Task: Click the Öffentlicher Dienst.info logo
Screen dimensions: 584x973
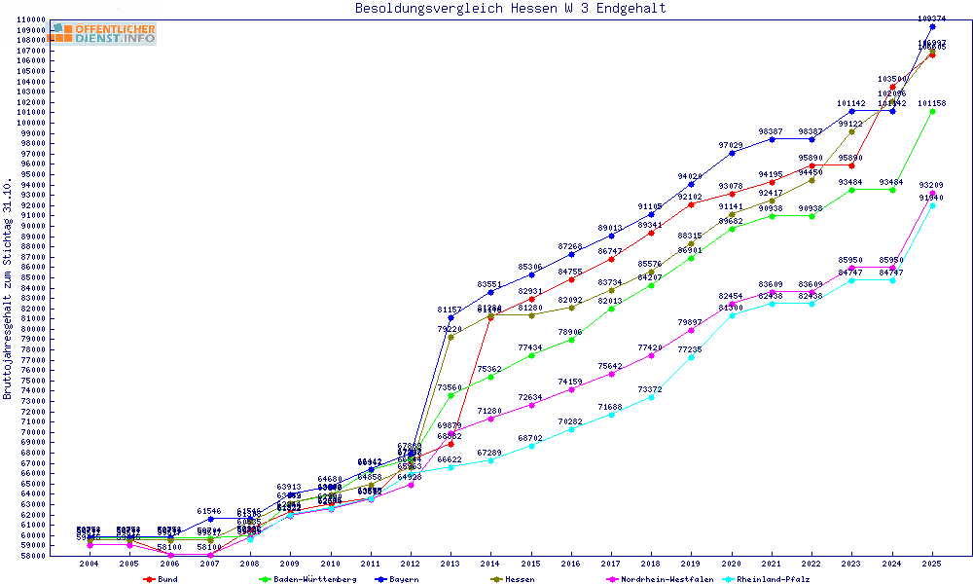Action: coord(102,34)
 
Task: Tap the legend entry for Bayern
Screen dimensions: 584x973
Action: coord(401,579)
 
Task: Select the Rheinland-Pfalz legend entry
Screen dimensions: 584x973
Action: coord(775,579)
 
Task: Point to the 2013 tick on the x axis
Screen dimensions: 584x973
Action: coord(450,564)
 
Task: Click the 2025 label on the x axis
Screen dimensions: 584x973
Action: coord(932,564)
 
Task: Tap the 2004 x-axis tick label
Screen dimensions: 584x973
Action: coord(90,564)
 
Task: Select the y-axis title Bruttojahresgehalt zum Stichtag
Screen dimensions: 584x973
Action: coord(8,288)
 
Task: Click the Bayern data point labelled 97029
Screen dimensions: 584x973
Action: coord(732,153)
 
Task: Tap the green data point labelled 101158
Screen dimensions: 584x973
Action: coord(932,111)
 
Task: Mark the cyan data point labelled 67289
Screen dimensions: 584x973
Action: coord(490,460)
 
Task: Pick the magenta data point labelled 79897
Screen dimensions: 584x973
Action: coord(691,330)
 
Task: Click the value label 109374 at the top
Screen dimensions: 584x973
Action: coord(932,18)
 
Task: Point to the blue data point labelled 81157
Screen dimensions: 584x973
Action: coord(450,317)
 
